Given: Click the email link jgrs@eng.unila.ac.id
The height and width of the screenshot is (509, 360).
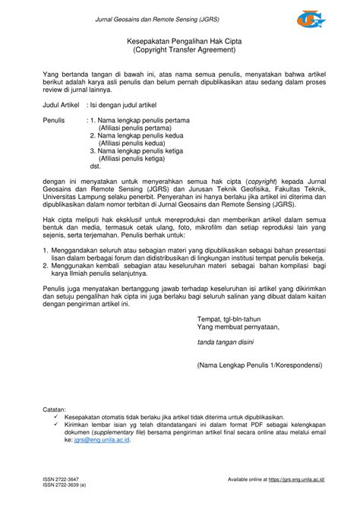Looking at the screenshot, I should (94, 440).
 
